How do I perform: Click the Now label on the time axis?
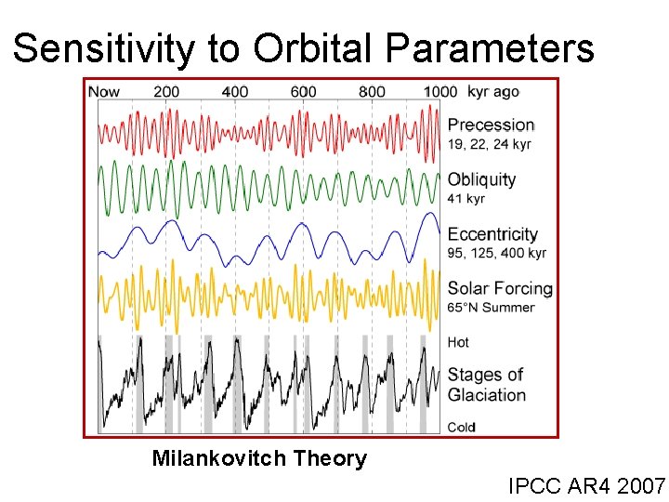pos(104,91)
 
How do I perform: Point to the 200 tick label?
pos(166,91)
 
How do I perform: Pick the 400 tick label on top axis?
pos(235,91)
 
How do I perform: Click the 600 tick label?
pos(303,91)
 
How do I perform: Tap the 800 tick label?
pos(372,91)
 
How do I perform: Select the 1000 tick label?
pos(440,91)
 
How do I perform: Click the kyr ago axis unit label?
pos(493,91)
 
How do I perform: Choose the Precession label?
pos(491,125)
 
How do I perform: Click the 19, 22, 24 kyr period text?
pos(489,144)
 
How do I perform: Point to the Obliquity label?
pos(481,179)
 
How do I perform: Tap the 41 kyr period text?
pos(466,199)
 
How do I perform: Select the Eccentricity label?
pos(492,234)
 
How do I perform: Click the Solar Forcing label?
pos(500,289)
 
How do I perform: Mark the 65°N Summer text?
pos(492,308)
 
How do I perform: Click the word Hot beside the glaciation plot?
pos(459,342)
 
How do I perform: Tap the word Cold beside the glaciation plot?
pos(462,427)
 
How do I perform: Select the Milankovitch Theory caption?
pos(259,458)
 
